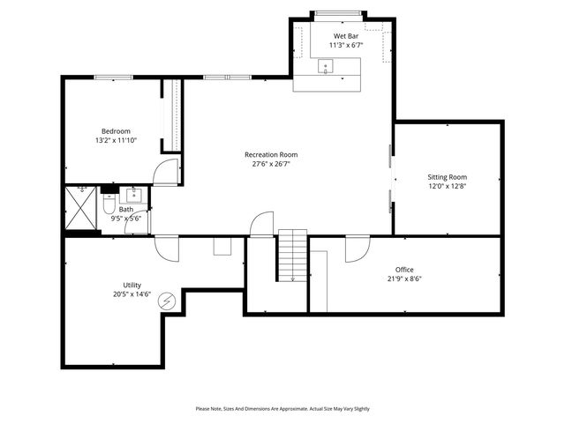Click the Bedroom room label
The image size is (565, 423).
point(115,131)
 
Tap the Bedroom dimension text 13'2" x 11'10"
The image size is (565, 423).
point(115,140)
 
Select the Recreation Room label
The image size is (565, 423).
point(271,154)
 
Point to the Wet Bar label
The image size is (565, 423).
point(345,36)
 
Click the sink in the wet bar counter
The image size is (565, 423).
point(325,65)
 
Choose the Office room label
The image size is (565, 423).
point(404,270)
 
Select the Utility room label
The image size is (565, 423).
point(132,285)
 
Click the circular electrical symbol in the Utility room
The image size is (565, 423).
point(166,302)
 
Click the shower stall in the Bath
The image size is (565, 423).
point(82,210)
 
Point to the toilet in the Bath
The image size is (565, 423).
point(108,205)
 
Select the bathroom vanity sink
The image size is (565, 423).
point(135,194)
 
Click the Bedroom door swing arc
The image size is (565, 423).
point(164,174)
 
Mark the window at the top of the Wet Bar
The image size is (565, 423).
point(338,12)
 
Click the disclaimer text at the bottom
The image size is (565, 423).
point(282,409)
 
